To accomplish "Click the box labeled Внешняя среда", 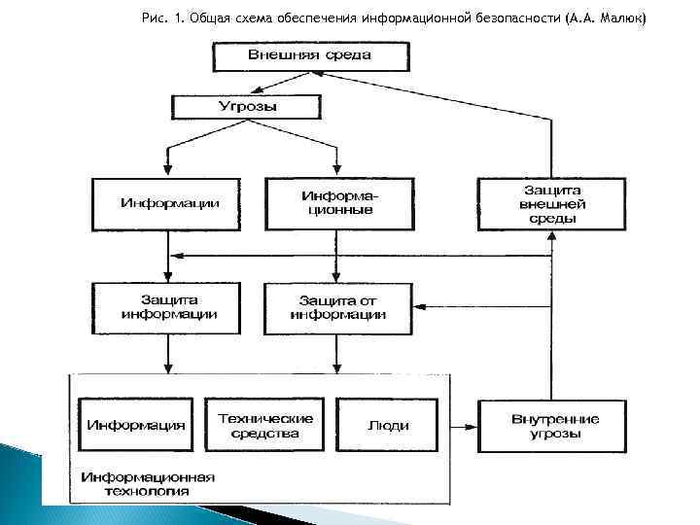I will [x=309, y=55].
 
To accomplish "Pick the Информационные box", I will [x=336, y=203].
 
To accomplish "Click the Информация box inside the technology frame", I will [x=135, y=426].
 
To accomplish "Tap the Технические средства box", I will [x=265, y=426].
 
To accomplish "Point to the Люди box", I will [x=388, y=426].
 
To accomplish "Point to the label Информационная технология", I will [x=148, y=484].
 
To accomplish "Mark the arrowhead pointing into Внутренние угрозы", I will [x=472, y=426].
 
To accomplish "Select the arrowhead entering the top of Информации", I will [x=168, y=172].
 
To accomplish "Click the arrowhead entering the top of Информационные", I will [x=336, y=172].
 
